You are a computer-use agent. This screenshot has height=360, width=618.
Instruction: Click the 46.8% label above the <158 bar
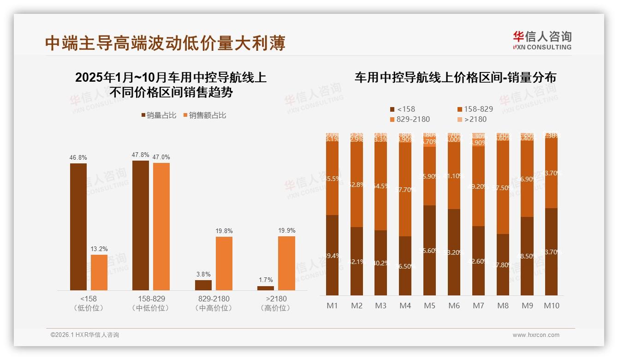coord(78,158)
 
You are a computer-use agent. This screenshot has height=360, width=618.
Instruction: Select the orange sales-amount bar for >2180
coord(286,263)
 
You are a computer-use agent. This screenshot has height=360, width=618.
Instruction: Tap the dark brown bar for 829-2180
coord(203,285)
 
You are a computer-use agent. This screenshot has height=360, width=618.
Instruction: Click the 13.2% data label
coord(99,249)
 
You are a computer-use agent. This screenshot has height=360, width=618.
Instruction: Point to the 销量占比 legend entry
coord(159,115)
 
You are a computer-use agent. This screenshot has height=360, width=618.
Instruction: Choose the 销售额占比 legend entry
coord(205,115)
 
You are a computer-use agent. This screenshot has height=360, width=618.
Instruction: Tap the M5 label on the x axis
coord(429,306)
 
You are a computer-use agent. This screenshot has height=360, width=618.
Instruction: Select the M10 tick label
coord(551,306)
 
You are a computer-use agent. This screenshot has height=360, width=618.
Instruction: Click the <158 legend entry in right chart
coord(403,109)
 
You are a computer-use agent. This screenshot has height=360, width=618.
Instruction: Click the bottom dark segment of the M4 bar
coord(405,266)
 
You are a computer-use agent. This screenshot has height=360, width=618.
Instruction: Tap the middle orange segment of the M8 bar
coord(503,187)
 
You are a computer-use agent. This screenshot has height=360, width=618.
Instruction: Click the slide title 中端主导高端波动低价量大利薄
coord(165,43)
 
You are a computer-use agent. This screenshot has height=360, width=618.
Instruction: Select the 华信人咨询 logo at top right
coord(542,40)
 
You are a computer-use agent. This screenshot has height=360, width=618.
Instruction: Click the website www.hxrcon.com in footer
coord(536,335)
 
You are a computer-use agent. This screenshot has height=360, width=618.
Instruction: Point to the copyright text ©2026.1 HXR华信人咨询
coord(85,335)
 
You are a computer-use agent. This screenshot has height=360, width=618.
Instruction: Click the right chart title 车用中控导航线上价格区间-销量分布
coord(455,78)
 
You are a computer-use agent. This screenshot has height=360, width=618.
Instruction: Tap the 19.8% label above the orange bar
coord(224,231)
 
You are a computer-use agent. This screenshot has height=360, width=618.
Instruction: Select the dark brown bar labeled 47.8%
coord(141,225)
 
